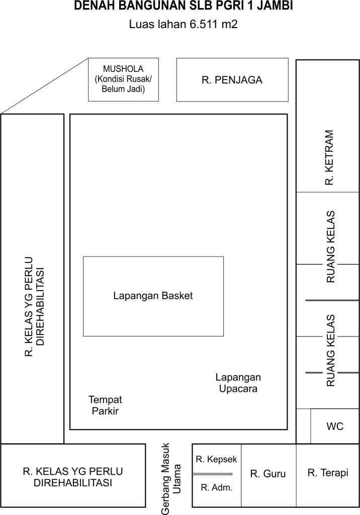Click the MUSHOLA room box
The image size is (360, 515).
point(124,79)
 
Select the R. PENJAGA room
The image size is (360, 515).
point(232,80)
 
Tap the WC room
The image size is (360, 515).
point(335,426)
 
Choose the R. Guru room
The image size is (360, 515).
point(268,475)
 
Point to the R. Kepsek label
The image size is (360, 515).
point(216,459)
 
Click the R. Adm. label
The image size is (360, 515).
point(217,487)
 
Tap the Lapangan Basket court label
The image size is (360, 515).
point(153,296)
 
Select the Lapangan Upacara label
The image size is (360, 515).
point(238,383)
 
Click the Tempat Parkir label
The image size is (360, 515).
point(105,405)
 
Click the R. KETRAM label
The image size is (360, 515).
point(329,157)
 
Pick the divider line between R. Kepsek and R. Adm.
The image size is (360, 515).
point(212,474)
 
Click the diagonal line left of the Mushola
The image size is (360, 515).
point(45,86)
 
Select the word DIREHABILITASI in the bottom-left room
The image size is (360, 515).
point(73,483)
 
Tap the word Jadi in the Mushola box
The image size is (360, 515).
point(137,89)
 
